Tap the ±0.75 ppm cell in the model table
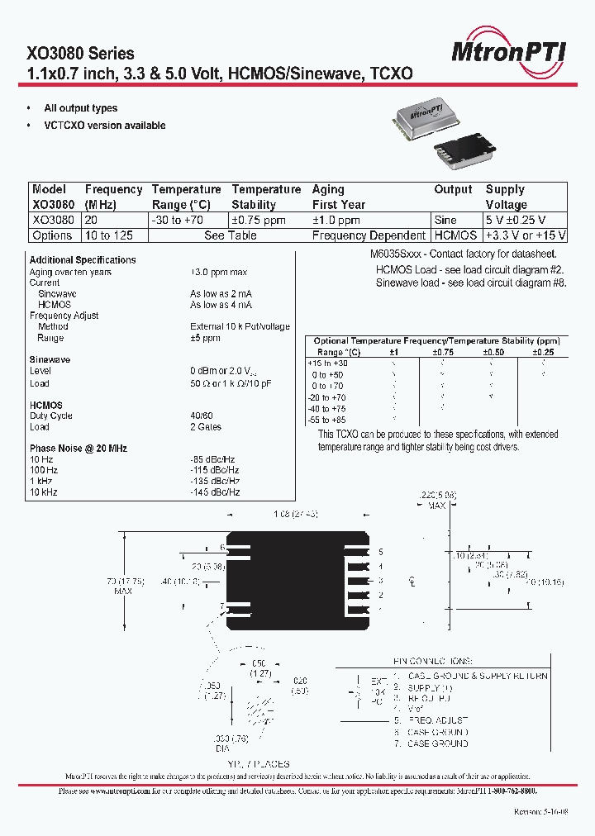(x=258, y=221)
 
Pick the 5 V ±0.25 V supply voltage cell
(x=526, y=221)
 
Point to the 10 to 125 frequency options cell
(x=109, y=235)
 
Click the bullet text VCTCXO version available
(x=105, y=126)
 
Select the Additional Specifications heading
(x=83, y=260)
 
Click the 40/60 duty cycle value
(x=201, y=416)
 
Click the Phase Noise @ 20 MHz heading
(x=79, y=449)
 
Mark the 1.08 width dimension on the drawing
(x=296, y=515)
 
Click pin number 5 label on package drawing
(x=381, y=551)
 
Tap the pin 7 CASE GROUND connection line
(x=437, y=743)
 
